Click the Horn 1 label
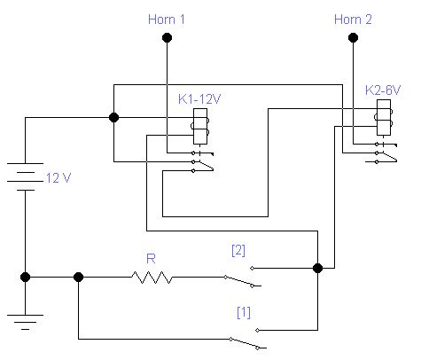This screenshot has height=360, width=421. coord(167,20)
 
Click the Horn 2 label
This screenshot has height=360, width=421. coord(353,20)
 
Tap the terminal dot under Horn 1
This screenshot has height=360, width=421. coord(167,38)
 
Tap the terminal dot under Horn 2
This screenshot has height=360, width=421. coord(353,38)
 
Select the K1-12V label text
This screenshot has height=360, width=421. coord(199,99)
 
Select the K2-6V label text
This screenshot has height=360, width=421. coord(383,90)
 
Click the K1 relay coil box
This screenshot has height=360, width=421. coord(200,127)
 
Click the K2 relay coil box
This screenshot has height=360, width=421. coord(384,118)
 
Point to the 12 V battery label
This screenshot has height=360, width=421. coord(58,178)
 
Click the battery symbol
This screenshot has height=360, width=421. coord(25,176)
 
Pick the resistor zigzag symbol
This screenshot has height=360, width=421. coord(152,278)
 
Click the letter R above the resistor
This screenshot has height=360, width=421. coord(151,259)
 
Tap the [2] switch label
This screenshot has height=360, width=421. coord(238,251)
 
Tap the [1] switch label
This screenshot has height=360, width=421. coord(244,313)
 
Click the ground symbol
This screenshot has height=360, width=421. coord(25,322)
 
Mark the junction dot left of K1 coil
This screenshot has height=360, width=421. coord(113,118)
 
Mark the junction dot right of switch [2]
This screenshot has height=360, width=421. coord(317,269)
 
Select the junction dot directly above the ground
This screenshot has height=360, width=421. coord(25,278)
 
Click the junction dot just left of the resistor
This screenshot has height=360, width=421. coord(78,278)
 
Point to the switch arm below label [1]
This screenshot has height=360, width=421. coord(245,344)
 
